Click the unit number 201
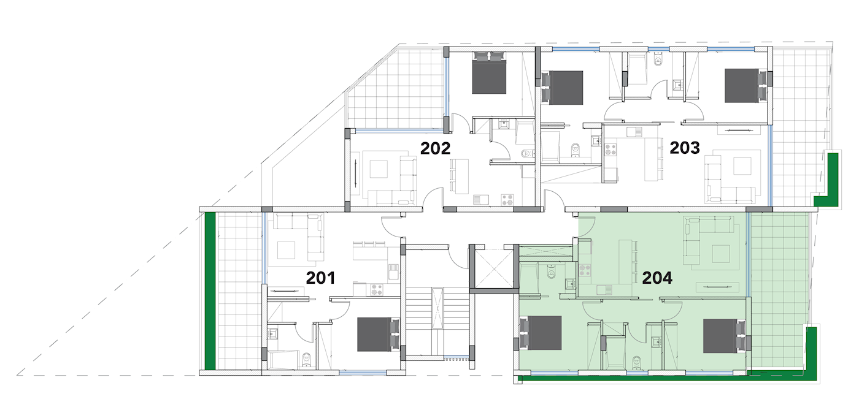pos(320,278)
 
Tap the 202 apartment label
pos(435,149)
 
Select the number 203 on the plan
pos(685,148)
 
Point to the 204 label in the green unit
pos(657,278)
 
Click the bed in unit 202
pos(489,73)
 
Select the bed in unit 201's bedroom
pos(378,334)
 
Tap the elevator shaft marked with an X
pos(491,268)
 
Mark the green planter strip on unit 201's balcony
pos(210,291)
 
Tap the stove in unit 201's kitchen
pos(377,289)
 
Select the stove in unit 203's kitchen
pos(611,149)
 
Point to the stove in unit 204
pos(584,270)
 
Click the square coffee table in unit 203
pos(742,166)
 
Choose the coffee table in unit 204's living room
pos(721,254)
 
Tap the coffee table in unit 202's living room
pos(379,169)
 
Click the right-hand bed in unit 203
pos(748,86)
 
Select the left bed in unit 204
pos(539,333)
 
